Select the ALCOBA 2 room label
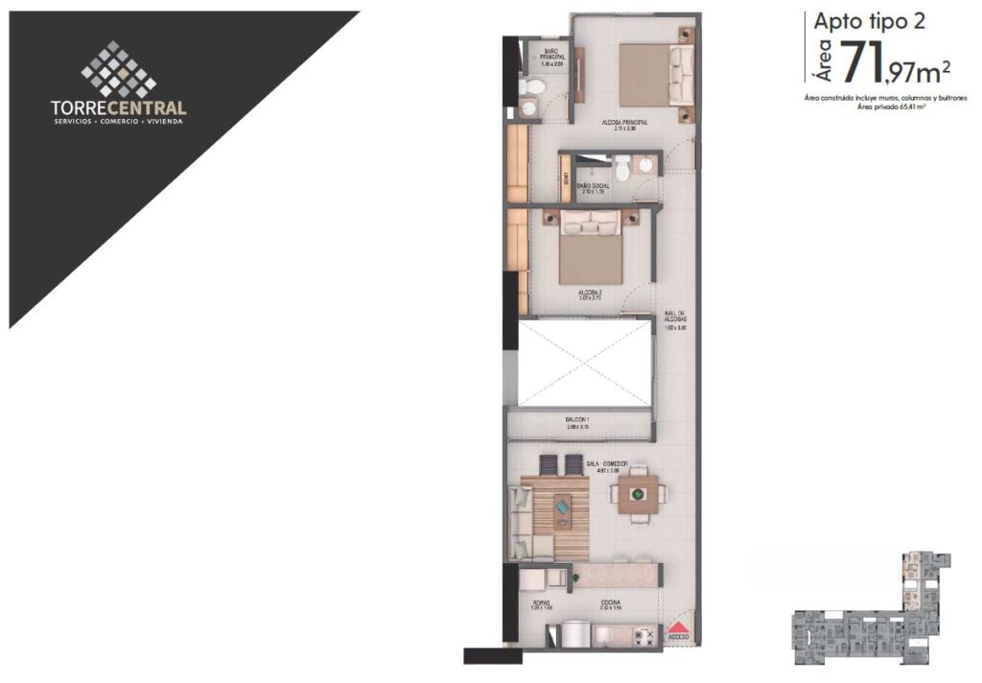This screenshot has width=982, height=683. click(x=591, y=292)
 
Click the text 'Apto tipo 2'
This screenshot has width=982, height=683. click(x=870, y=21)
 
